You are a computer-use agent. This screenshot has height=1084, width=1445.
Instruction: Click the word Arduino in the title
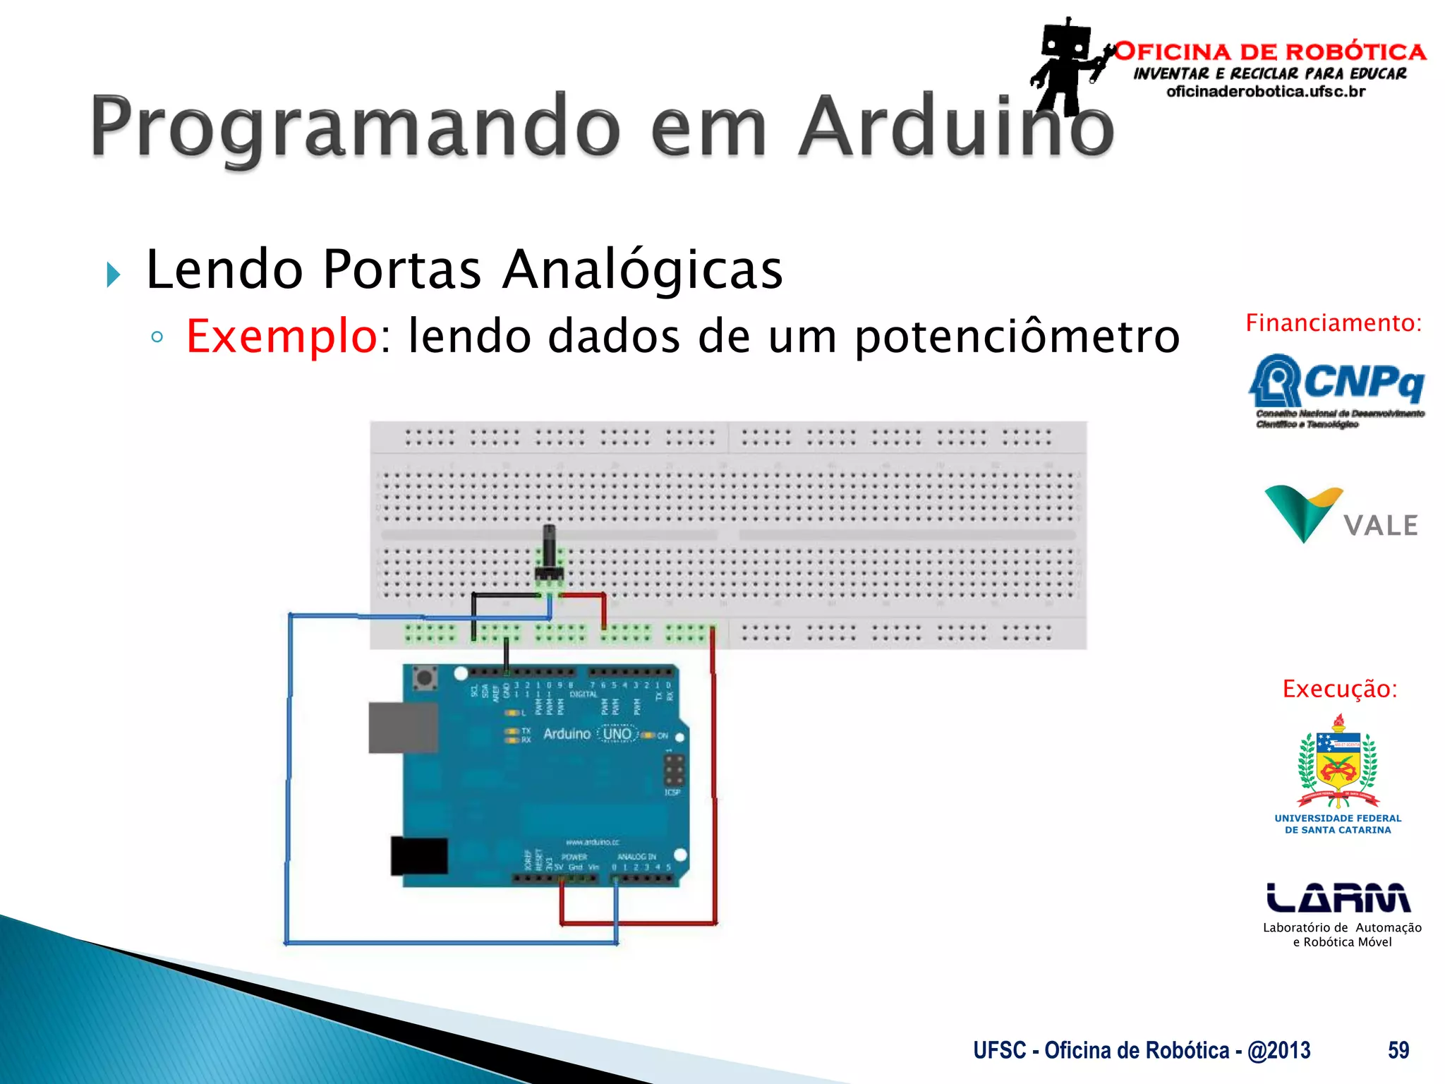point(956,127)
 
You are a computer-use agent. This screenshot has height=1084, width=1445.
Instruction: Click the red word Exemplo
point(282,336)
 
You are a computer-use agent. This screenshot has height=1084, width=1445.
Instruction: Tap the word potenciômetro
point(1017,336)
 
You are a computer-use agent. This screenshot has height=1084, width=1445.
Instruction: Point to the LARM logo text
point(1338,898)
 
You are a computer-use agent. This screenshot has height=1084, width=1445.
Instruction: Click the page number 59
point(1398,1050)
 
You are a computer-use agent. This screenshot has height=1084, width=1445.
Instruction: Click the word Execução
point(1339,689)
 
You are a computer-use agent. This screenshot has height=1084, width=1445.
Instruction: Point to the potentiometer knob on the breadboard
point(549,547)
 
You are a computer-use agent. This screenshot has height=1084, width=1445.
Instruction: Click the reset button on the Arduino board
point(424,678)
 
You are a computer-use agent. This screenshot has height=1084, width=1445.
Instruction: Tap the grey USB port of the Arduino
point(403,728)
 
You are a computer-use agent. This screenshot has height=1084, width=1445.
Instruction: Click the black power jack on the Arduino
point(419,856)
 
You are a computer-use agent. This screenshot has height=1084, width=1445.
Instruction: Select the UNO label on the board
point(617,734)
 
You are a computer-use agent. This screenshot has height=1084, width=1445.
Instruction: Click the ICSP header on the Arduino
point(674,771)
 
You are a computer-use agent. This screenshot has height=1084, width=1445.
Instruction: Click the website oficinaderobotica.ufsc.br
point(1266,92)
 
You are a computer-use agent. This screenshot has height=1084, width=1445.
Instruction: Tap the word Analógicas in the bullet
point(642,270)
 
